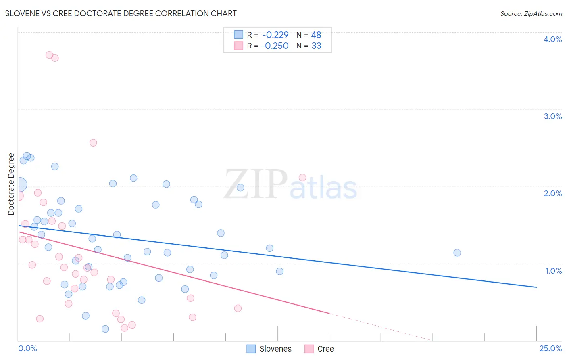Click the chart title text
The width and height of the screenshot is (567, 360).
point(121,13)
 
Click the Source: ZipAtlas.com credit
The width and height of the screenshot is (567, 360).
point(531,13)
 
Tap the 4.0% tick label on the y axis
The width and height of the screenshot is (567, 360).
point(552,39)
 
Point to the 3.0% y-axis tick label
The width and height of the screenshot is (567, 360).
point(552,116)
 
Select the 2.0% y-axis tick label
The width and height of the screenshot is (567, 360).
point(552,193)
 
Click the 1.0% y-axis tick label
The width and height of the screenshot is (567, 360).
point(553,271)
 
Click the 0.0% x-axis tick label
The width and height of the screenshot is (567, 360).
point(27,348)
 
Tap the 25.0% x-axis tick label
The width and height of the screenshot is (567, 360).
point(550,348)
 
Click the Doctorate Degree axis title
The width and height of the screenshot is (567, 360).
point(11,184)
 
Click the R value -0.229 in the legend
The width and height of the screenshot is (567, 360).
point(275,35)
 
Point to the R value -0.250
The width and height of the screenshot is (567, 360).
point(275,46)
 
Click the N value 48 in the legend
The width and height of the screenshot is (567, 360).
point(316,35)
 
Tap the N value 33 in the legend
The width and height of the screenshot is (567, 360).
point(316,46)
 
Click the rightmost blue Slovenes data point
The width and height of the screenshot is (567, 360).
point(457,253)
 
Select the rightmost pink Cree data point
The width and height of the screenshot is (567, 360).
point(302,178)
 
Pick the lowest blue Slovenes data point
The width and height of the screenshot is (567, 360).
point(105,329)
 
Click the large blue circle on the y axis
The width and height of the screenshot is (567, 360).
point(19,185)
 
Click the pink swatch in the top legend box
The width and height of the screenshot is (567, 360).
point(239,46)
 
